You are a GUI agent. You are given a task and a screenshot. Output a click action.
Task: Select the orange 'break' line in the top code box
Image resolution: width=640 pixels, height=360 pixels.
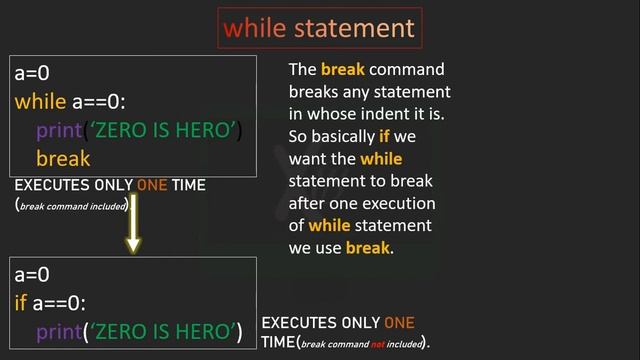pyautogui.click(x=63, y=158)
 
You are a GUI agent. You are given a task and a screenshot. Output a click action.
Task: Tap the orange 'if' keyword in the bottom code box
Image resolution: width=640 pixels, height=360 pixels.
pyautogui.click(x=22, y=302)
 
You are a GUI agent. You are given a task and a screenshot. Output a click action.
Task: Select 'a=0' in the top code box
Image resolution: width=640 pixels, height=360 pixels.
pyautogui.click(x=32, y=73)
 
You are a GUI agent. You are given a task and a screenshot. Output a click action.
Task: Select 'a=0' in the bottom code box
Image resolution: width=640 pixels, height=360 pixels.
pyautogui.click(x=32, y=273)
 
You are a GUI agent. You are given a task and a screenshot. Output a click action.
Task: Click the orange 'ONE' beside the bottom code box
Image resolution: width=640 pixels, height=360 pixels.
pyautogui.click(x=399, y=323)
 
